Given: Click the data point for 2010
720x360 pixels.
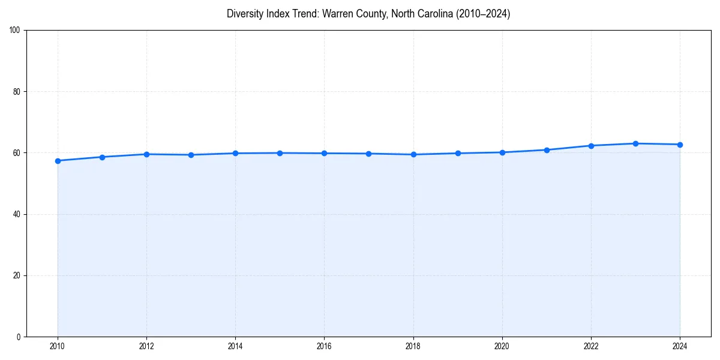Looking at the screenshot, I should [58, 161].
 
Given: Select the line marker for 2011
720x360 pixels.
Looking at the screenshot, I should [102, 157].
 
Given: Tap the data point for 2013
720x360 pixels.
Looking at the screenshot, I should [191, 155].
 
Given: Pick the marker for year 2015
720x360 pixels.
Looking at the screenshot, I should [280, 153].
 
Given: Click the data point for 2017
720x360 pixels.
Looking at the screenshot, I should [368, 154].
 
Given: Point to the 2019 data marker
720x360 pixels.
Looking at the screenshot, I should [458, 153].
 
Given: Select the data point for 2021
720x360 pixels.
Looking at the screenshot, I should [547, 150].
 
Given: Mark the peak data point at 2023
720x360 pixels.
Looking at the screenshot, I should [635, 143].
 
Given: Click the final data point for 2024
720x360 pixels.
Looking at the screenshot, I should [680, 145].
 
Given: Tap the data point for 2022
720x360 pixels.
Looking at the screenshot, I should [591, 146].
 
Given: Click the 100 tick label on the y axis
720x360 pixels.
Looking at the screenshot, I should [15, 31].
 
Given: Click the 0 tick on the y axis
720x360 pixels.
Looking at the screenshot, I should [19, 337].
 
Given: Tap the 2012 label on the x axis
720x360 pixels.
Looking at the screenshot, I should [146, 346].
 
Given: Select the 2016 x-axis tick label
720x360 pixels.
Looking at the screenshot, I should [324, 346].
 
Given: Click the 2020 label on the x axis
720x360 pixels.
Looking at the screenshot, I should [502, 346].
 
